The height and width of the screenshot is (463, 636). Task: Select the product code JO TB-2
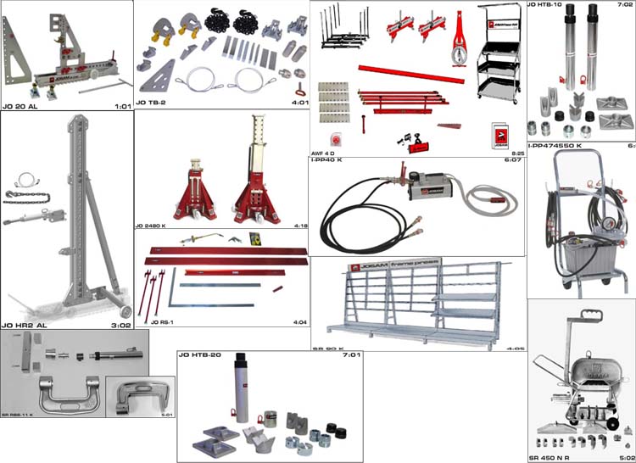coord(152,103)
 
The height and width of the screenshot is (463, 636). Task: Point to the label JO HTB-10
coord(546,5)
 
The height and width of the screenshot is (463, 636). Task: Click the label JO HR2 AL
coord(21,325)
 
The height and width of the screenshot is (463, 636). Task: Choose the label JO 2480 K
coord(153,227)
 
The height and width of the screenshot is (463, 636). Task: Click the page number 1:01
coord(123,106)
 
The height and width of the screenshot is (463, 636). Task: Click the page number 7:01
coord(349,355)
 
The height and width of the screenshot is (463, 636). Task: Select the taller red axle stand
coord(259,174)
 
